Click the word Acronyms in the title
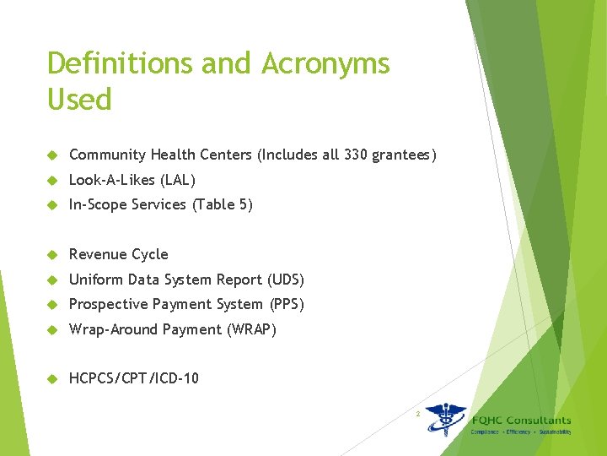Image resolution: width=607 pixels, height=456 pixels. coord(326,63)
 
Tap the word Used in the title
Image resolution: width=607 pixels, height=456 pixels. coord(79,100)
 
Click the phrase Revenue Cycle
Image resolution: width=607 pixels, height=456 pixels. coord(119,254)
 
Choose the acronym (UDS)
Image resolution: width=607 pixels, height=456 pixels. coord(286,280)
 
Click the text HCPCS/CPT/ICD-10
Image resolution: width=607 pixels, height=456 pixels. coord(134,378)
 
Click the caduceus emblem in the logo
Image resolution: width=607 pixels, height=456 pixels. coord(445,419)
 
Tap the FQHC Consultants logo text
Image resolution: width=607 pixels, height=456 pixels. coord(520,420)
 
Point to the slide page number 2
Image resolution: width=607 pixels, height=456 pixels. coord(416,414)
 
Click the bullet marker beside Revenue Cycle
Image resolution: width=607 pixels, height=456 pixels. coord(52,255)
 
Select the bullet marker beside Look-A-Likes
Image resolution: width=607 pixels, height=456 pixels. coord(52,181)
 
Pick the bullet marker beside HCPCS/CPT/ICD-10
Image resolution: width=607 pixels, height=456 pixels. coord(52,379)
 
